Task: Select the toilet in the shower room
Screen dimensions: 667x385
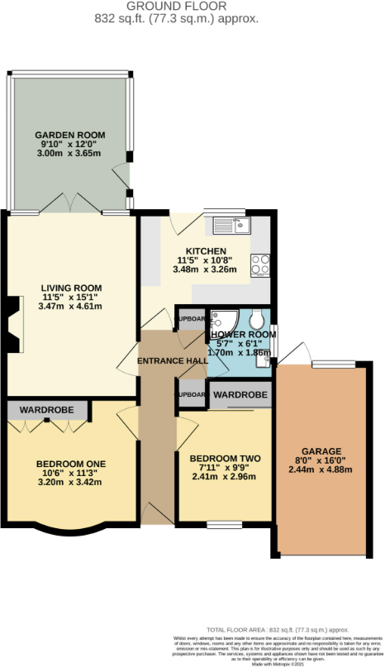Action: click(258, 321)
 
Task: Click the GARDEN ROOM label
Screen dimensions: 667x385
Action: click(69, 135)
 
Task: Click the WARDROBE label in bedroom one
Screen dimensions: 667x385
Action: click(47, 409)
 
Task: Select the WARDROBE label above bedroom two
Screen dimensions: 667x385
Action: click(240, 396)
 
